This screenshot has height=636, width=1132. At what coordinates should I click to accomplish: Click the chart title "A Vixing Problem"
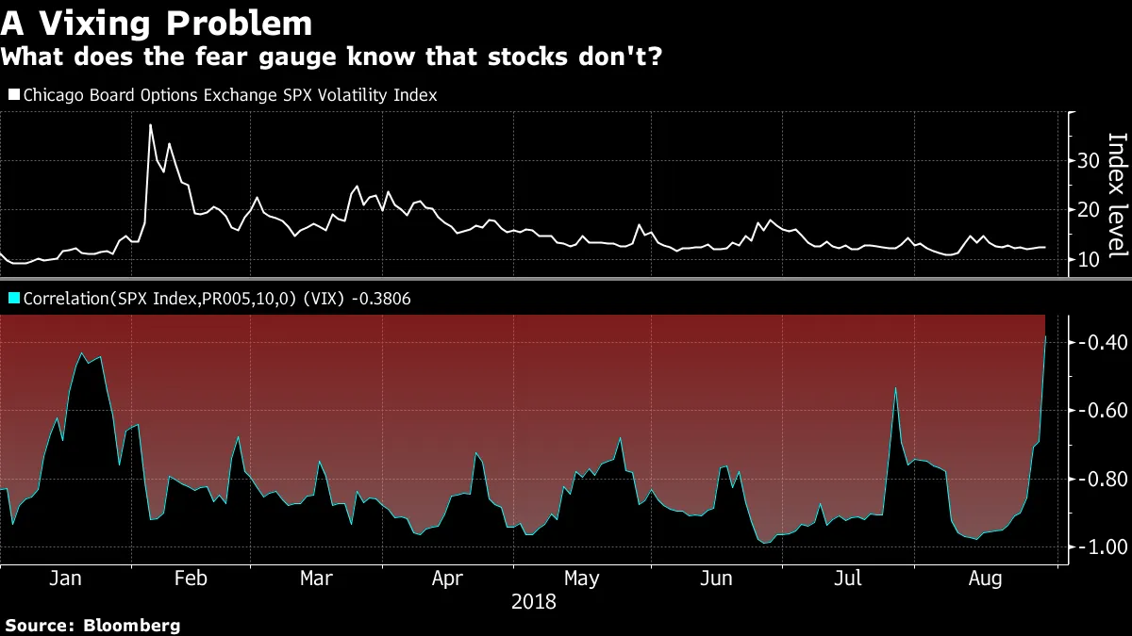coord(157,22)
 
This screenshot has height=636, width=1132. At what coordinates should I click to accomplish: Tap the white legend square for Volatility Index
coord(13,95)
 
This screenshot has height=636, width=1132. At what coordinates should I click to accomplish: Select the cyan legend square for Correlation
coord(13,299)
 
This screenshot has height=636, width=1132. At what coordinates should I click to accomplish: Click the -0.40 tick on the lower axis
coord(1101,341)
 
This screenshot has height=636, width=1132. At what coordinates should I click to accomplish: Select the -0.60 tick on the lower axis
coord(1101,410)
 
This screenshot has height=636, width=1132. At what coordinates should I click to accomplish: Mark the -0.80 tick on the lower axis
coord(1101,479)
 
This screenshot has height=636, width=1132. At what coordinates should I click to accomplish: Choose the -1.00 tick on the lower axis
coord(1101,547)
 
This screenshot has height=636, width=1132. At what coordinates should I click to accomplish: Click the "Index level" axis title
coord(1117,195)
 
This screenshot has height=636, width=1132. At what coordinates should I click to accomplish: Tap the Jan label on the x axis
coord(65,578)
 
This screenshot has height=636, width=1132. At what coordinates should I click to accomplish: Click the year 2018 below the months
coord(533,601)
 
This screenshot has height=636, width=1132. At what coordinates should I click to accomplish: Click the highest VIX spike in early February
coord(150,125)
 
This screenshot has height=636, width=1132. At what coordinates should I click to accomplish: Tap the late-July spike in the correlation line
coord(895,387)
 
